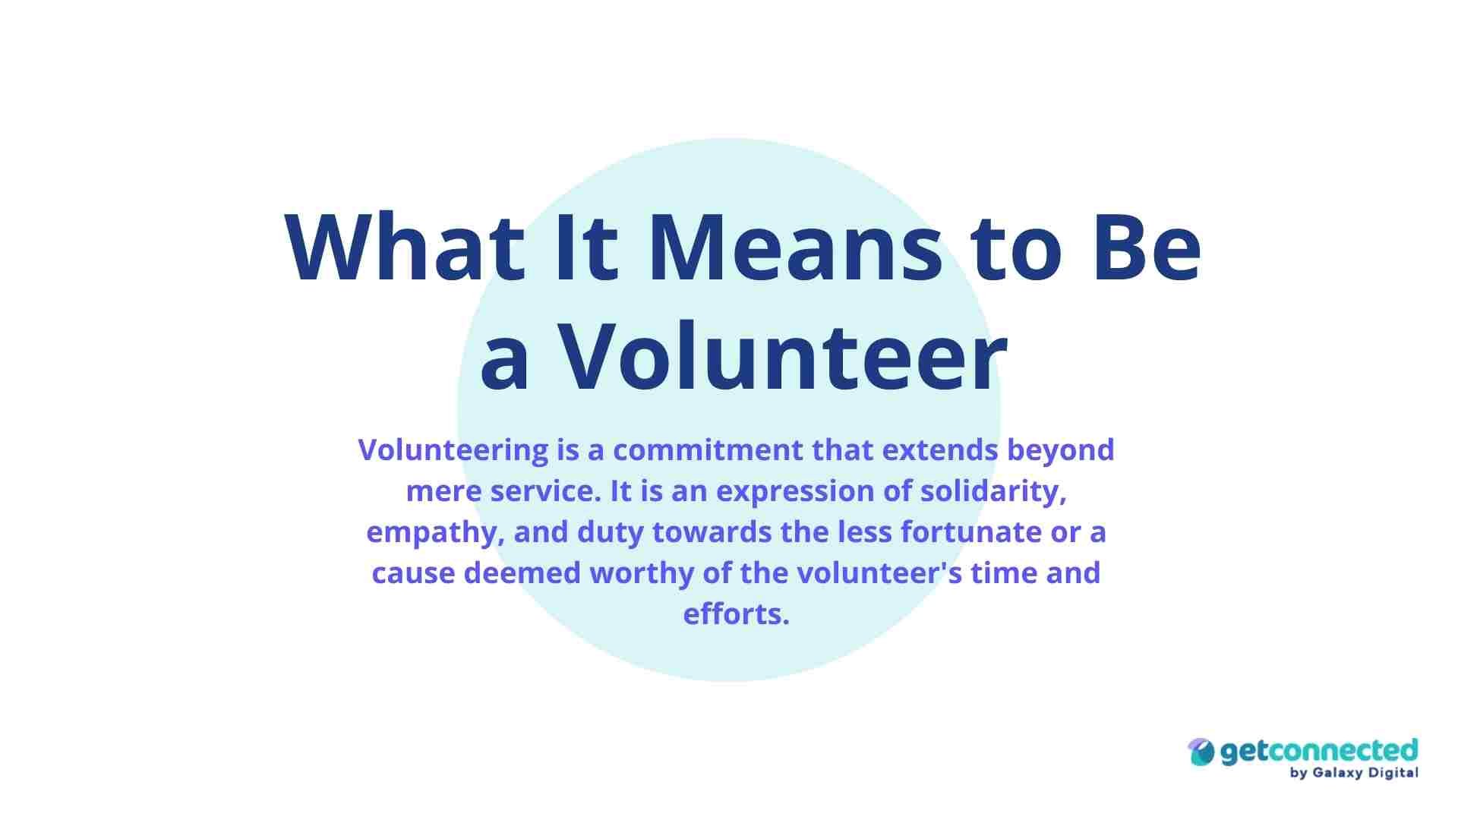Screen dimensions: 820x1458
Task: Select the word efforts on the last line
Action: (736, 613)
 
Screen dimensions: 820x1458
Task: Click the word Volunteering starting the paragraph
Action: (453, 451)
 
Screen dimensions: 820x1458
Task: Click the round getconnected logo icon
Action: (1201, 752)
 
